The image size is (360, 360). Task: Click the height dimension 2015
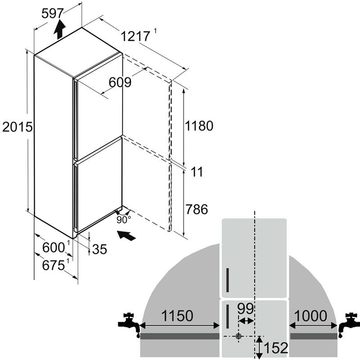coord(18,127)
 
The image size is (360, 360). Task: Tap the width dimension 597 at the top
coord(52,13)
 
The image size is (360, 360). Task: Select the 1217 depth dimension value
coord(135,36)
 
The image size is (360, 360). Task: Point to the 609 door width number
coord(120,82)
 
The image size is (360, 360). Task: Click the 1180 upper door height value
coord(199,126)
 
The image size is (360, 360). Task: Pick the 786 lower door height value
coord(197,209)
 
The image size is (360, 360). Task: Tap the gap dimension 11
coord(197,172)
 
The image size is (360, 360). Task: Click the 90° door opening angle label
coord(123,220)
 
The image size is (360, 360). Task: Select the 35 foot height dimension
coord(99,249)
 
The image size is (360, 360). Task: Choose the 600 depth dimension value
coord(54,247)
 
